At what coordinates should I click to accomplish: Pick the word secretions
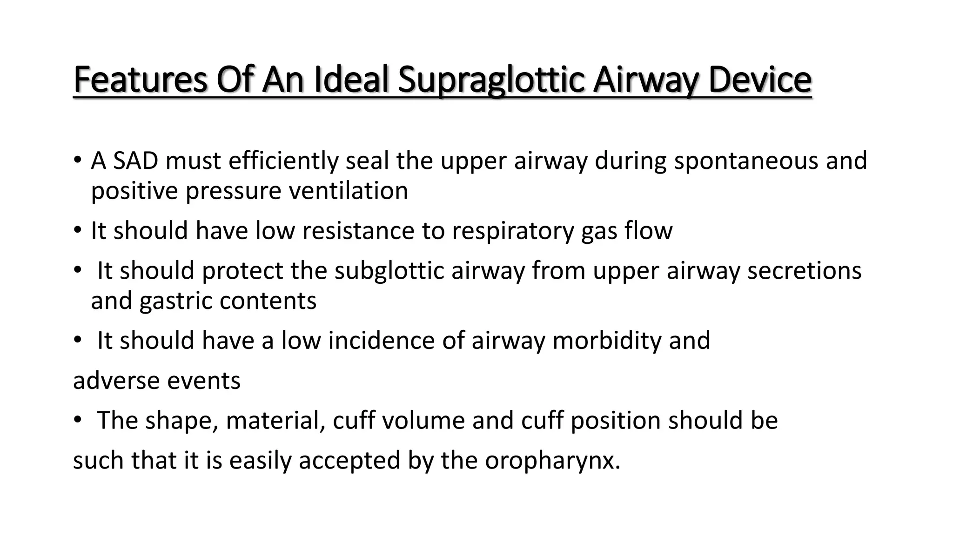pos(804,271)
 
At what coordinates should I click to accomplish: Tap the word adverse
pos(116,381)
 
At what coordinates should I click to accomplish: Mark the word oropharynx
pos(552,461)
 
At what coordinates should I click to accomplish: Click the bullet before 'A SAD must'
pos(77,161)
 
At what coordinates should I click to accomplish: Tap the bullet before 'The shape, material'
pos(77,421)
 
